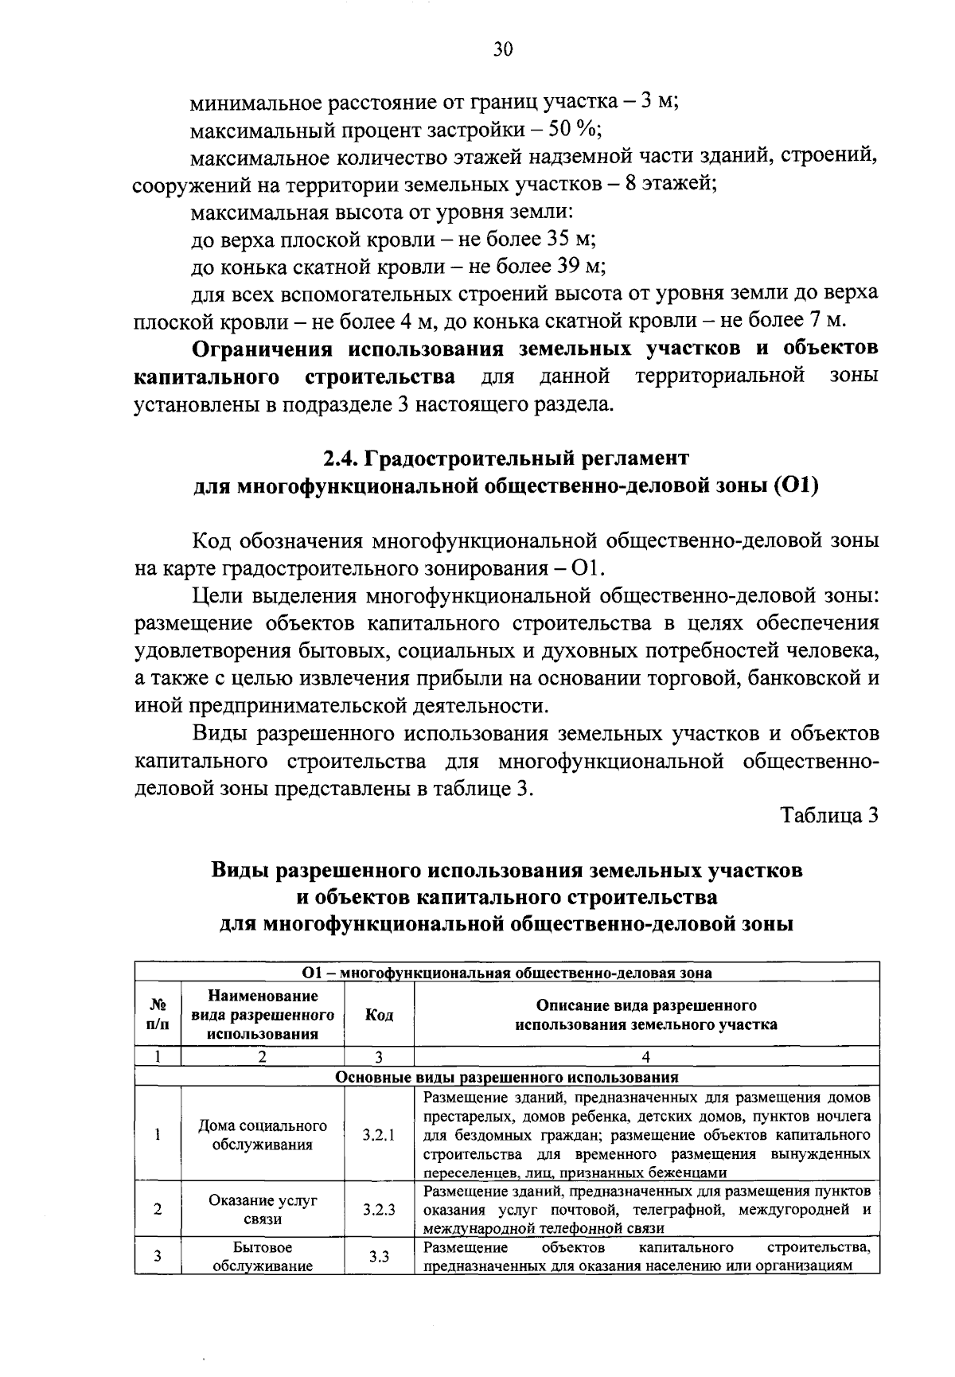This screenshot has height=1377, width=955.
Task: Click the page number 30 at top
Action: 502,51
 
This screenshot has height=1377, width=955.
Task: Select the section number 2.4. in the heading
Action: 343,458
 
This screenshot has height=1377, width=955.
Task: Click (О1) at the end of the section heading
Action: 795,486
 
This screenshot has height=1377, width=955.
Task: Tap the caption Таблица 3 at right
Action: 830,816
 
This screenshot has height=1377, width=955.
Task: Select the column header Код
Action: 379,1015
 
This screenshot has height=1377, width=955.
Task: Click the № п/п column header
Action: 158,1015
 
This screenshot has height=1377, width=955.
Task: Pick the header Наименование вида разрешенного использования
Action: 263,1015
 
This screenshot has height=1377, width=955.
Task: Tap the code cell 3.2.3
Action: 379,1209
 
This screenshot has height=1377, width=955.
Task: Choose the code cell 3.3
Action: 379,1256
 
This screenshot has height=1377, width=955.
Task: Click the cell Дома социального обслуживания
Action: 263,1135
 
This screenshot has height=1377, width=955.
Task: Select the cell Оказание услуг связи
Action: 263,1209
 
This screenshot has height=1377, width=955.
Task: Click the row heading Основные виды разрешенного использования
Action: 507,1077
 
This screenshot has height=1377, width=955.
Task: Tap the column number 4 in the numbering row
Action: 645,1057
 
